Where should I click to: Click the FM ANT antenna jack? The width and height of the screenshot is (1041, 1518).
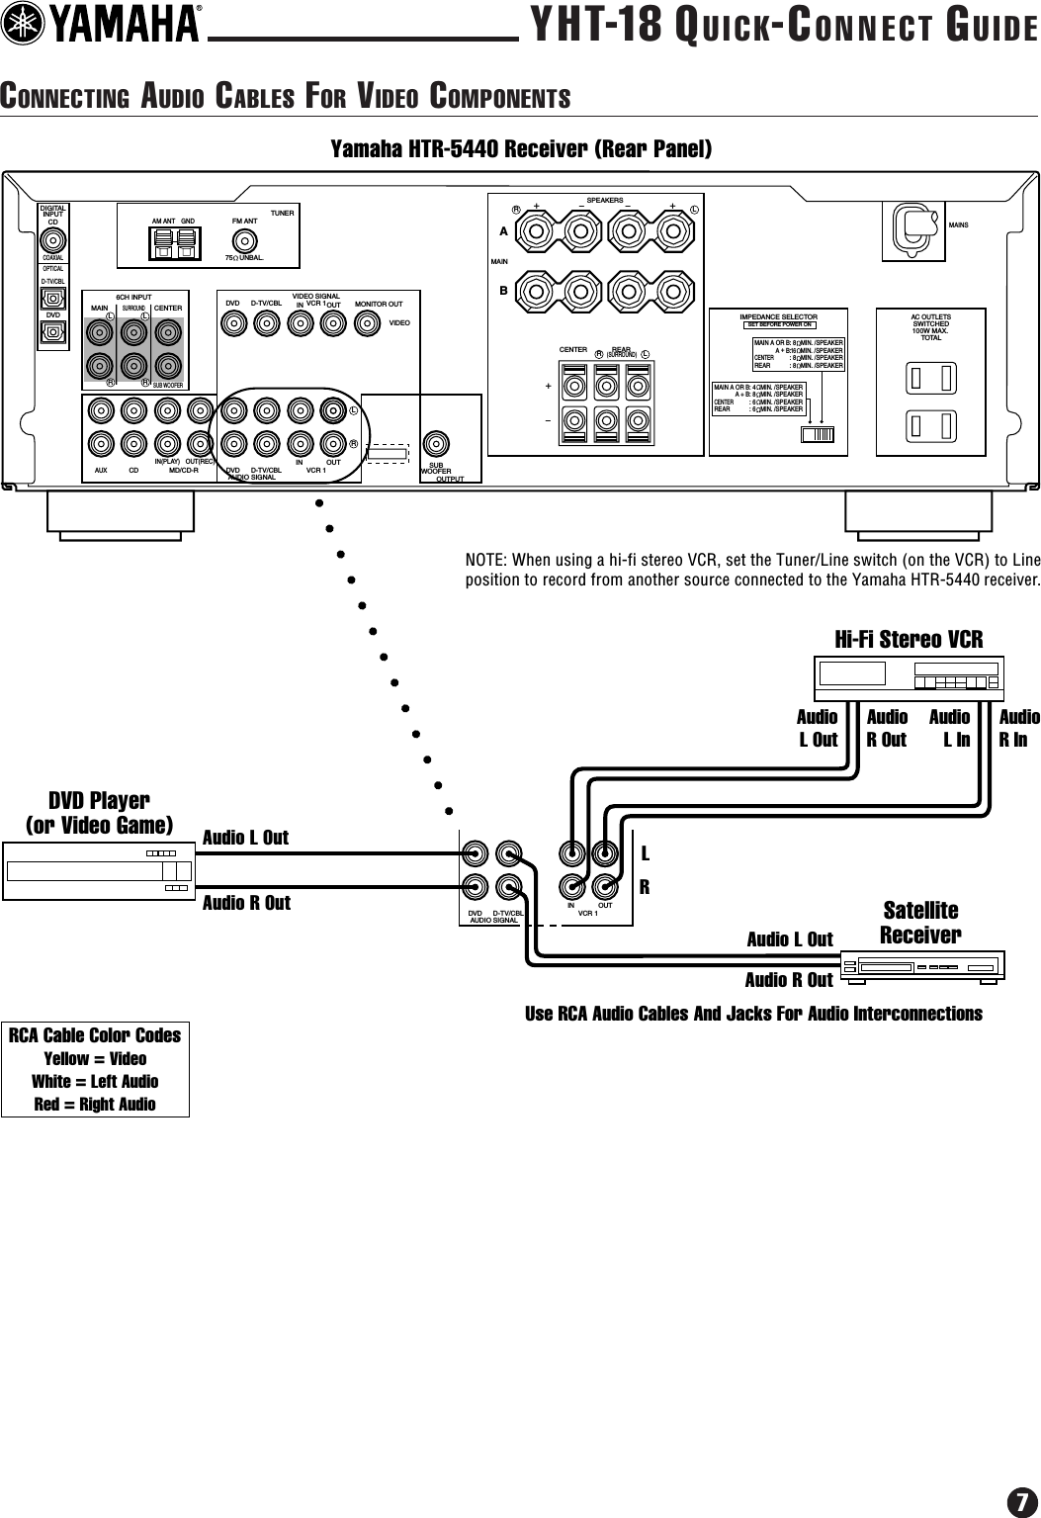click(x=243, y=239)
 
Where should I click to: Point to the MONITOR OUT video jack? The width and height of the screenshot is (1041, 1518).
click(x=367, y=322)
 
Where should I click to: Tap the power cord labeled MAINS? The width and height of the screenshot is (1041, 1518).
click(x=913, y=226)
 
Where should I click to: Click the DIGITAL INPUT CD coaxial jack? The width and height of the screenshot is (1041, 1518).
click(x=53, y=240)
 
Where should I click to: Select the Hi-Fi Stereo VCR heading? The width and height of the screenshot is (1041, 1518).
click(x=909, y=639)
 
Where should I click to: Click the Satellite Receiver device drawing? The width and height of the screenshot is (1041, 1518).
click(x=921, y=964)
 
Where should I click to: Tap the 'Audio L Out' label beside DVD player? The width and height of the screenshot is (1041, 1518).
click(x=245, y=838)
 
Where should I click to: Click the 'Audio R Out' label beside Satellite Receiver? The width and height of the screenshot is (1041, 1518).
click(x=788, y=980)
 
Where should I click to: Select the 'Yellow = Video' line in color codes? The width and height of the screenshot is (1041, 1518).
click(x=95, y=1058)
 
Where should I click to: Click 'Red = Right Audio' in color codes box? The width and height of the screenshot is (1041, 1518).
click(x=95, y=1104)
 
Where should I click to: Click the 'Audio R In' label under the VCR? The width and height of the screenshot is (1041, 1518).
click(x=1018, y=728)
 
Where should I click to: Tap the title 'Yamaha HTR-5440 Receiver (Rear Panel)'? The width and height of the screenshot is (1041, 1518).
click(x=520, y=149)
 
